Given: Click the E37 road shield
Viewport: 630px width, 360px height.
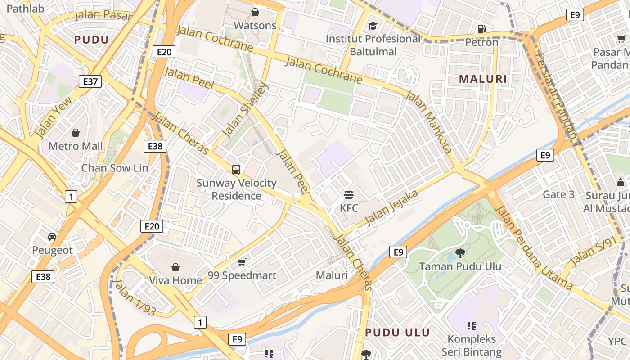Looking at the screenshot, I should tap(90, 81).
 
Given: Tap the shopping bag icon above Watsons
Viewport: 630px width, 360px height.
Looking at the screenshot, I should tap(255, 12).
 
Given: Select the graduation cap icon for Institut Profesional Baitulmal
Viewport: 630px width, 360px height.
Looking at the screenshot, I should tap(373, 26).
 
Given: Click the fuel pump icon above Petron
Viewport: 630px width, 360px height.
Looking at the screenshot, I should tap(481, 29).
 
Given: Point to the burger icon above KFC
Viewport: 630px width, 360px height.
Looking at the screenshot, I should tap(349, 195).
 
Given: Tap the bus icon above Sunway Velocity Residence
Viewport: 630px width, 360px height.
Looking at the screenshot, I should tap(236, 170).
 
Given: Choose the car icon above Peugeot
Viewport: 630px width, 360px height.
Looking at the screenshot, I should tap(52, 237).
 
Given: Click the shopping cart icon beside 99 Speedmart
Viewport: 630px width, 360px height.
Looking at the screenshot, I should tap(242, 262).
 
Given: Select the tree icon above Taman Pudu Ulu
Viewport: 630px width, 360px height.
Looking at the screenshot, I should tap(460, 253).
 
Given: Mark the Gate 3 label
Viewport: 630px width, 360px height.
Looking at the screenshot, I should tap(558, 194).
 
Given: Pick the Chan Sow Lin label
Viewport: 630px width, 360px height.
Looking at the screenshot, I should tap(114, 168).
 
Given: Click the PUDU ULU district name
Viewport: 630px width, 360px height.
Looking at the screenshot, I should tap(397, 333).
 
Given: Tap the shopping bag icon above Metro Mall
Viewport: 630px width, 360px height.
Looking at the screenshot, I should tap(76, 133).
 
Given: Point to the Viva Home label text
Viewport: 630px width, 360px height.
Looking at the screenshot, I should tap(175, 280).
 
